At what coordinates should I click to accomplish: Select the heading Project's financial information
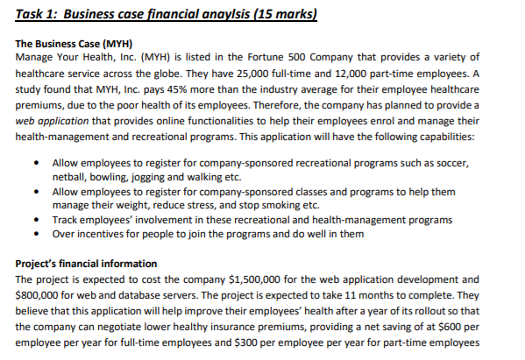coord(87,264)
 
